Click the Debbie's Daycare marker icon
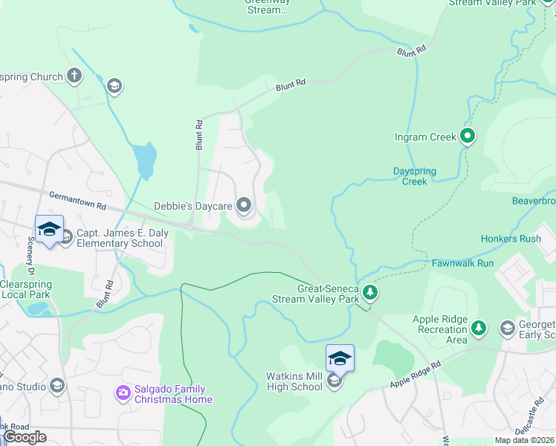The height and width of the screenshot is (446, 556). pyautogui.click(x=245, y=206)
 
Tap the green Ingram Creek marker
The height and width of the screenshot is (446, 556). pyautogui.click(x=468, y=136)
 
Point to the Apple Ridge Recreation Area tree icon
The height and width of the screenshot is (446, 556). pyautogui.click(x=479, y=328)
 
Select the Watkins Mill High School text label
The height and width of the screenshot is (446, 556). pyautogui.click(x=294, y=382)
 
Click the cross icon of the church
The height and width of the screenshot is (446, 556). pyautogui.click(x=74, y=75)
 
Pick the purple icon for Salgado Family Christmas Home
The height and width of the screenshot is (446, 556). pyautogui.click(x=122, y=392)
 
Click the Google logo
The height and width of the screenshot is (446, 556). pyautogui.click(x=25, y=437)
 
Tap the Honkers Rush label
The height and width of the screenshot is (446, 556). pyautogui.click(x=511, y=239)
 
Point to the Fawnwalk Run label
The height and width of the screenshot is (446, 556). pyautogui.click(x=462, y=263)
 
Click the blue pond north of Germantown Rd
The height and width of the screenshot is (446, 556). pyautogui.click(x=146, y=158)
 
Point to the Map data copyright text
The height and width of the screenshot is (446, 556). pyautogui.click(x=525, y=440)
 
